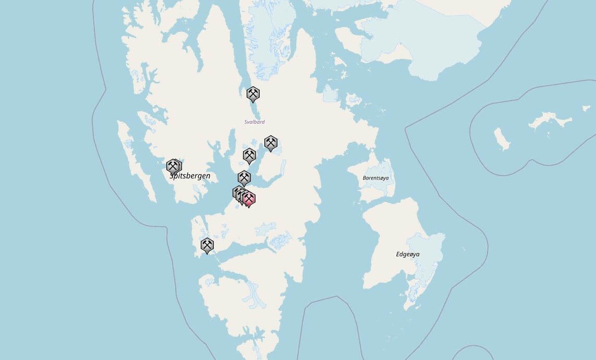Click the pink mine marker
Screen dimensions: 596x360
point(249,199)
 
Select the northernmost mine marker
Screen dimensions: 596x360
point(253,94)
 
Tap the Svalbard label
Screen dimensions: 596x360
point(254,122)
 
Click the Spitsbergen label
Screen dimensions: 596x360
point(190,176)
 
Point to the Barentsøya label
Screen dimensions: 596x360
point(375,178)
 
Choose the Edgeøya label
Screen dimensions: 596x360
point(407,254)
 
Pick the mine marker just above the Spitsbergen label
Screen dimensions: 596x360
point(173,166)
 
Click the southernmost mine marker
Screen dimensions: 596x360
point(208,245)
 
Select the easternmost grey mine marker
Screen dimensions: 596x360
point(271,142)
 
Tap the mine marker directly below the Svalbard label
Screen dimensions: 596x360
point(249,155)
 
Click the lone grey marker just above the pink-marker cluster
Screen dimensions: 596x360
point(244,177)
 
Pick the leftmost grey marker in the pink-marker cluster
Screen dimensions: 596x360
point(238,193)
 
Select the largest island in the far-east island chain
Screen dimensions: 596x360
point(550,121)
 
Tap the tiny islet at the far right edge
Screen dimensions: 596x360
point(586,109)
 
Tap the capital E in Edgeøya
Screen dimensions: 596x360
point(398,254)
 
